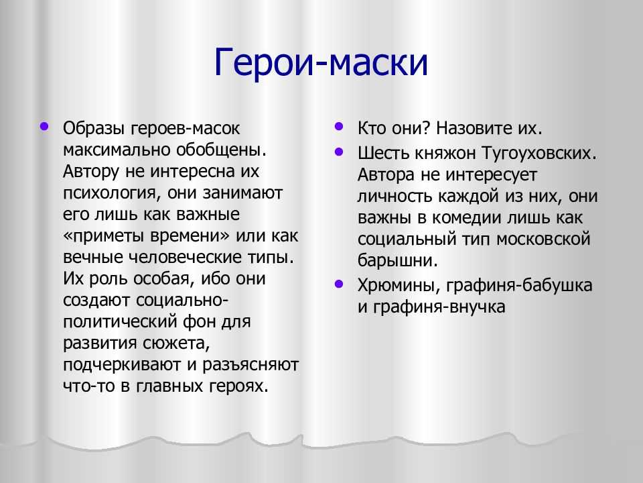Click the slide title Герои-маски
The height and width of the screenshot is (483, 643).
321,62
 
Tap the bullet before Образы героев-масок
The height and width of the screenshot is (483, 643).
44,125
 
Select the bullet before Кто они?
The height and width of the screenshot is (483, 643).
339,125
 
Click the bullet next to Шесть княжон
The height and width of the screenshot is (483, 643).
339,152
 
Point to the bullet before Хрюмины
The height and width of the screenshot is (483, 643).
339,284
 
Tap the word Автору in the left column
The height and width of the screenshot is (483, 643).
91,172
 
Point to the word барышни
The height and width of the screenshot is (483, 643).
397,261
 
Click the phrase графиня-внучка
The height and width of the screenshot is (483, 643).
439,307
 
